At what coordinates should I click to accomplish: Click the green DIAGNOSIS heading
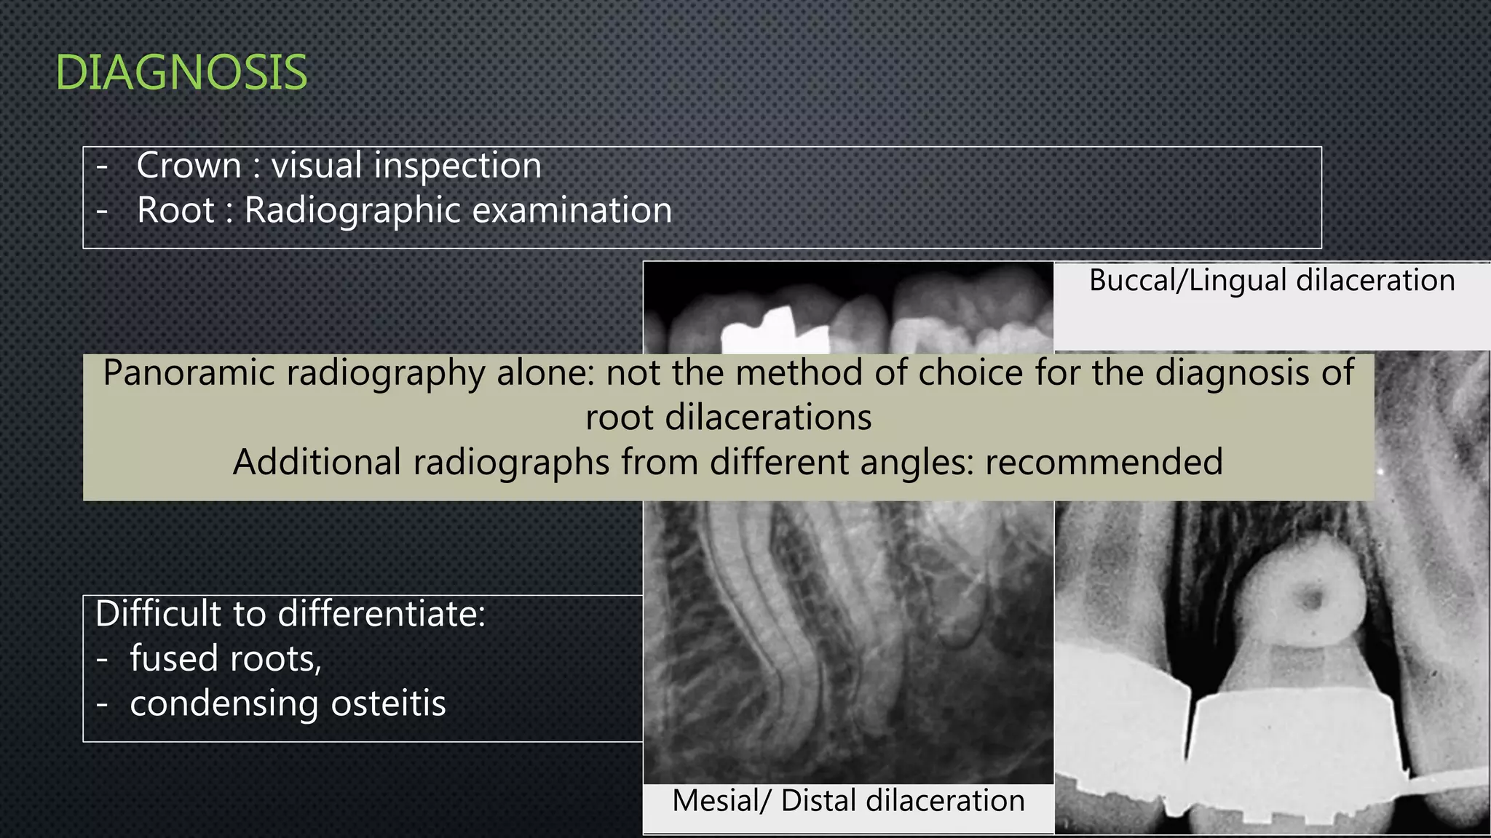tap(181, 73)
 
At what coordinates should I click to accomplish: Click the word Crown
tap(189, 165)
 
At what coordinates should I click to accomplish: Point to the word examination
tap(572, 210)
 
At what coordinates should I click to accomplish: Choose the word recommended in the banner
tap(1104, 462)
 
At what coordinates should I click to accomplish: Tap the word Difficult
tap(160, 613)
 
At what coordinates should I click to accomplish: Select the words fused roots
tap(226, 658)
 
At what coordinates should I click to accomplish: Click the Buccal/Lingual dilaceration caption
tap(1272, 280)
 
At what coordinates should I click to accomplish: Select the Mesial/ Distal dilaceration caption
tap(848, 800)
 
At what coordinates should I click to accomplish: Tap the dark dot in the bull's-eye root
tap(1311, 599)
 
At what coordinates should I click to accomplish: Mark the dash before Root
tap(102, 211)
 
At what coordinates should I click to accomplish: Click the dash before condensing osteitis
tap(102, 704)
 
